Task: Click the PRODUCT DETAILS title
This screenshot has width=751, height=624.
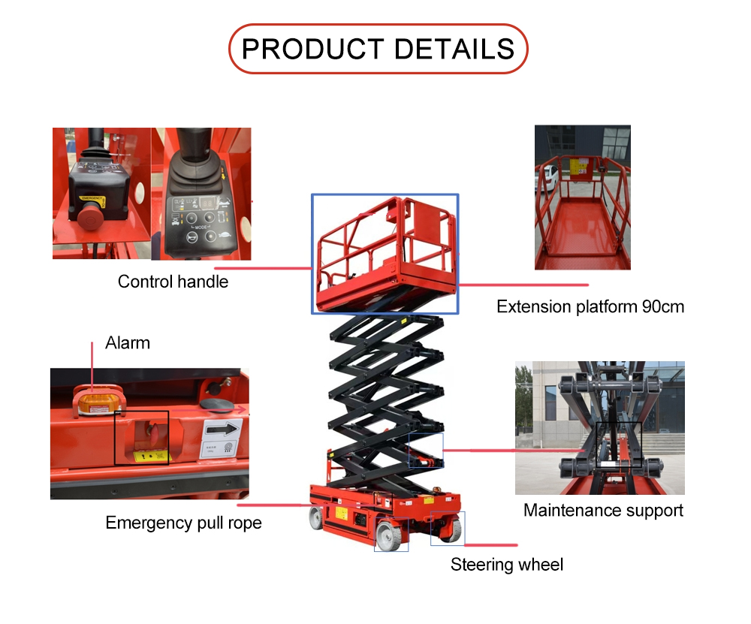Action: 378,49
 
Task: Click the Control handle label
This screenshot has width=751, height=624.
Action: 173,282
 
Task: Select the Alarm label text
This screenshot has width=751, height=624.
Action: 128,343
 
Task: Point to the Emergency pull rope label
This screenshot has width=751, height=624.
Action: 183,523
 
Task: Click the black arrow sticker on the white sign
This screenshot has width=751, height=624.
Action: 222,430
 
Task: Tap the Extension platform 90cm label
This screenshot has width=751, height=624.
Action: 590,306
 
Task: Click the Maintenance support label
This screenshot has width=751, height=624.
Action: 603,511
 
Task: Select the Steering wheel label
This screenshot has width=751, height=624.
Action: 506,565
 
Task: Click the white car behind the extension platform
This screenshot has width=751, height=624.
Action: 548,177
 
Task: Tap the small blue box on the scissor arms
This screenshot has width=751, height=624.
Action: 425,450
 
